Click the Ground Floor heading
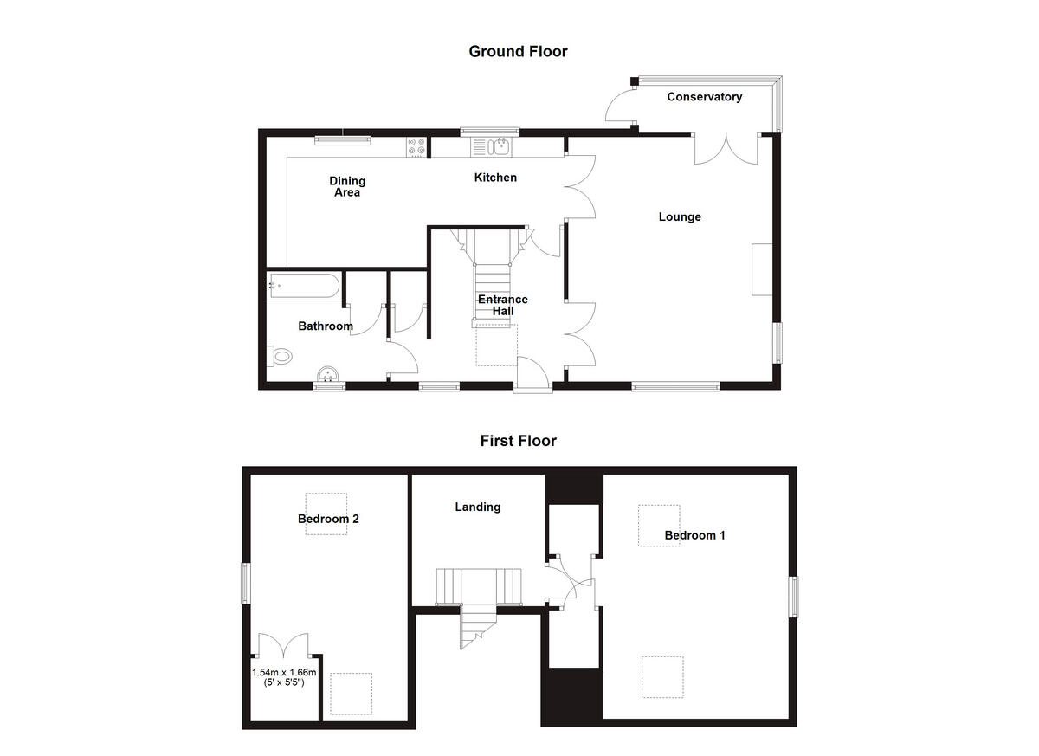point(518,51)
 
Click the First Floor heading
point(518,441)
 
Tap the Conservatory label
point(704,97)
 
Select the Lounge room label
point(680,216)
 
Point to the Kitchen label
point(495,178)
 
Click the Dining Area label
point(347,186)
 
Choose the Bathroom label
point(326,326)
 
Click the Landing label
point(478,507)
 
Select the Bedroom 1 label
point(694,535)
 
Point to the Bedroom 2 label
point(328,519)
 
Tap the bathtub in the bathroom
point(303,286)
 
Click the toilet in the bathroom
point(281,356)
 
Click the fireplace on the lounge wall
point(762,269)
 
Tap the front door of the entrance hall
point(532,374)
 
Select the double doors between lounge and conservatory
point(726,149)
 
